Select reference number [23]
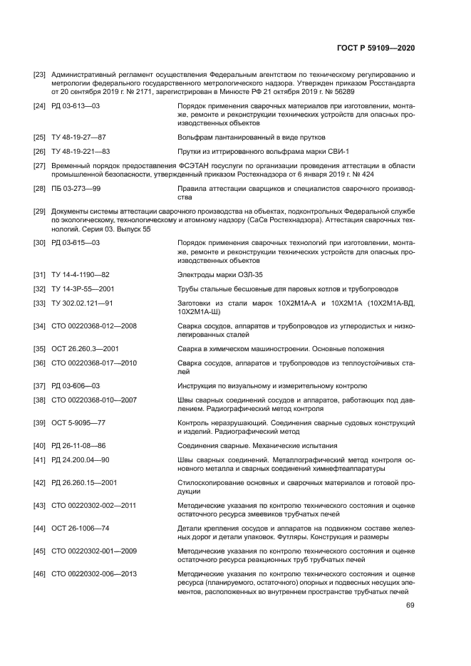pos(40,75)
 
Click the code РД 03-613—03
pos(76,105)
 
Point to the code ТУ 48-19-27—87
pos(79,136)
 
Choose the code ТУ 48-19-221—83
pos(81,151)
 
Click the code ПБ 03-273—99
pos(76,189)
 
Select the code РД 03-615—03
pos(76,243)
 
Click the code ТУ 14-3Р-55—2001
pos(83,288)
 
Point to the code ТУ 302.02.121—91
pos(83,303)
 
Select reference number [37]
pos(40,386)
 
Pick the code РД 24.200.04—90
pos(80,461)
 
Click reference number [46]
pos(40,574)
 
